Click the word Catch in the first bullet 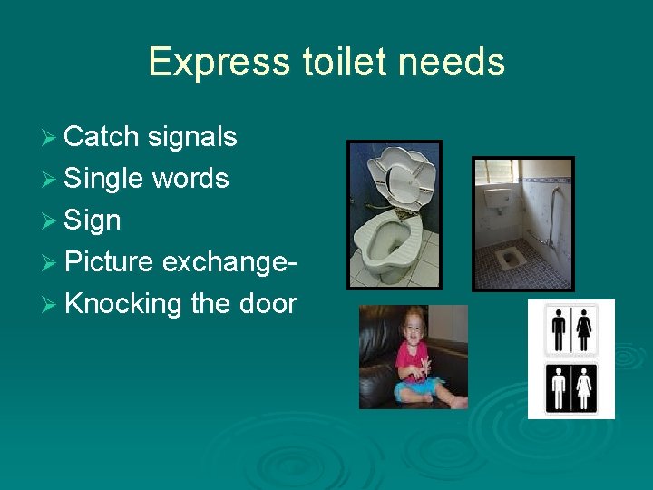coord(102,137)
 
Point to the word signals coord(191,137)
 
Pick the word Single coord(105,180)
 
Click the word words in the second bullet coord(190,179)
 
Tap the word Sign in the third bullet coord(93,221)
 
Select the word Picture coord(110,262)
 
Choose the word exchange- coord(230,262)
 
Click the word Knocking coord(123,303)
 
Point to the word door coord(267,303)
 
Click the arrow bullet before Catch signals coord(53,138)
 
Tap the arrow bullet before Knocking coord(53,304)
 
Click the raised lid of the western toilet coord(399,177)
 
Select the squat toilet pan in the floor coord(509,260)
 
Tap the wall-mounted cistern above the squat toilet coord(497,197)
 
